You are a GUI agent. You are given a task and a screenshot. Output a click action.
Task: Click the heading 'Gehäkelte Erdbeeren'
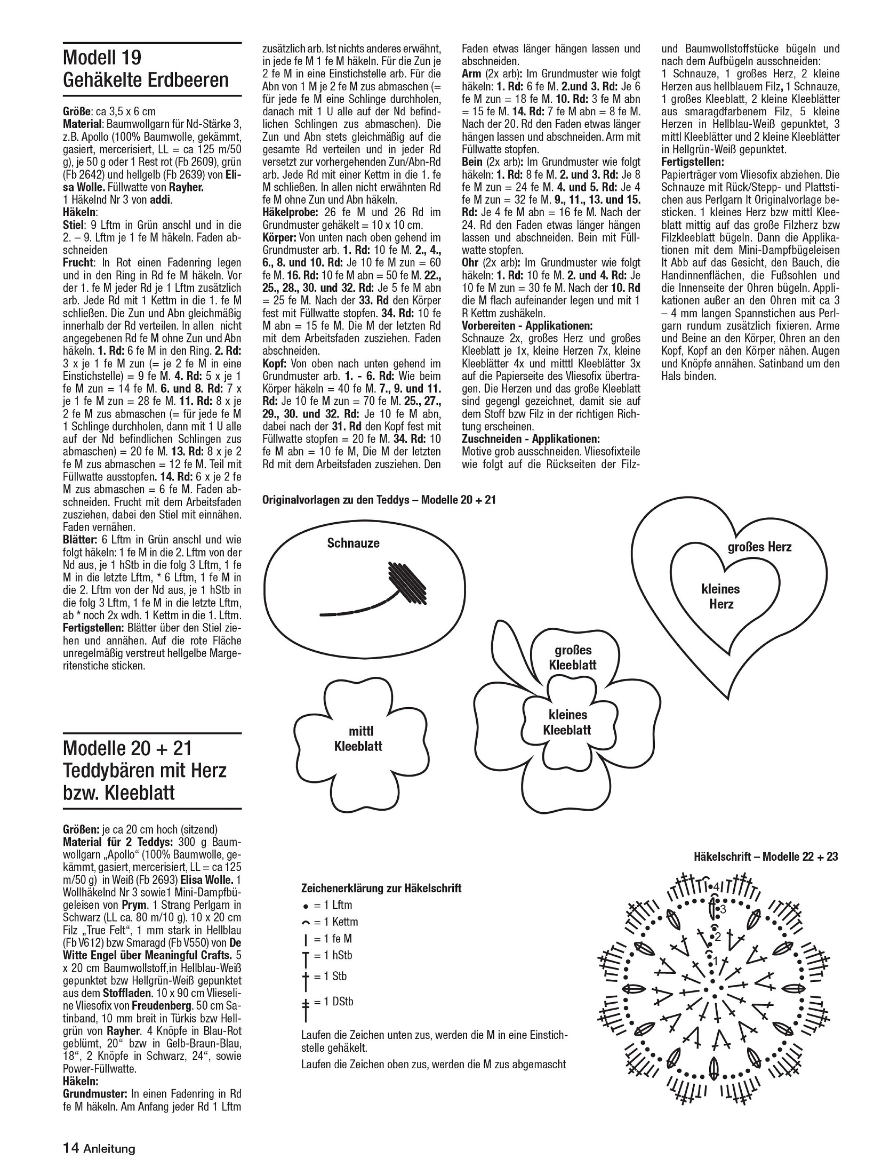145,80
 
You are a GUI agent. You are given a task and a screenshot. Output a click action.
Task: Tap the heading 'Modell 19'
102,56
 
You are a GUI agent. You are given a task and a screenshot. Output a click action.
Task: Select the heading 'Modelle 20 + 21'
127,748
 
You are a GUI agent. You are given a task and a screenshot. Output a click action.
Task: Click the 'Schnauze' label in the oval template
353,543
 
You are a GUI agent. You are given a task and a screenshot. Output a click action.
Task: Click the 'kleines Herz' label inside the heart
720,596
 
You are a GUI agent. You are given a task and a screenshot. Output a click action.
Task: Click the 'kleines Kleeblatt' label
567,722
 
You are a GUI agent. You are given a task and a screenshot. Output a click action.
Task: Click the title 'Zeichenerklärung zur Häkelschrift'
381,888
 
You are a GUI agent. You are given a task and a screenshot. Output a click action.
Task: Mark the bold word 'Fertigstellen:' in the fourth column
692,161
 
